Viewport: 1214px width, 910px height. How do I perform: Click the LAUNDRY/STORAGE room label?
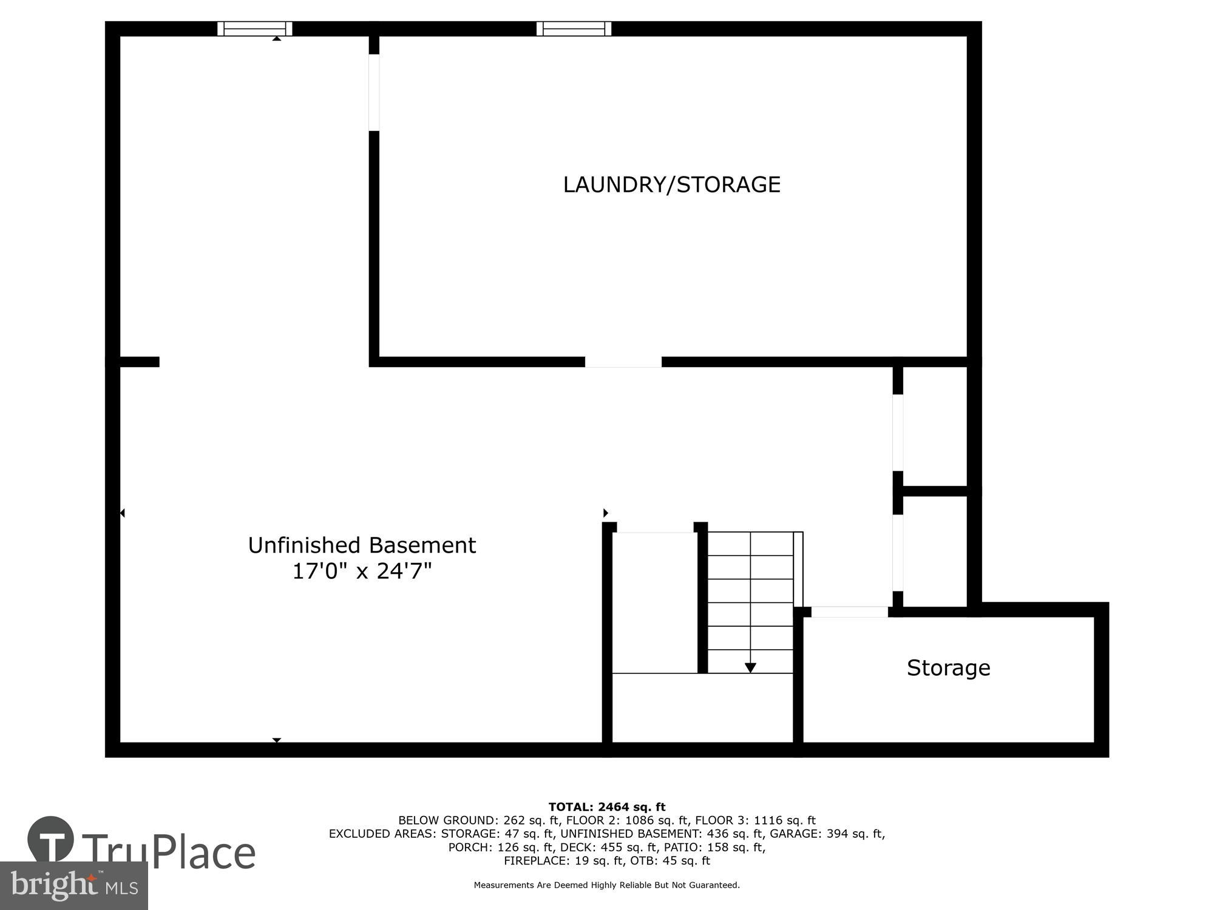pos(671,184)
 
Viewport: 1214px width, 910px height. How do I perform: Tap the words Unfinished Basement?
pos(362,545)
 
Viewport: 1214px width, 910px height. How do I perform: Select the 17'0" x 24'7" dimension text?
pos(362,571)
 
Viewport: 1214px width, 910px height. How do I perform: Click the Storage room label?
pos(948,667)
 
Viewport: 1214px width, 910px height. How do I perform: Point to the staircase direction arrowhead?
pos(750,667)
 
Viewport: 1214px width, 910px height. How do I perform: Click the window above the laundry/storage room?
pos(574,29)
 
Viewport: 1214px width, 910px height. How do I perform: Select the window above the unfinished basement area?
pos(255,29)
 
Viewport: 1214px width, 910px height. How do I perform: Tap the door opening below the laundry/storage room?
pos(623,362)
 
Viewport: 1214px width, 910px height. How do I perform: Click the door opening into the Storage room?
pos(849,612)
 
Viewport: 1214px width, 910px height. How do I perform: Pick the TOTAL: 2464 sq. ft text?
pos(607,807)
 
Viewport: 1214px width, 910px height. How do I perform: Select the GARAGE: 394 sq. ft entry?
pos(827,834)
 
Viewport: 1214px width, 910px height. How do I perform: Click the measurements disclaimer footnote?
pos(607,885)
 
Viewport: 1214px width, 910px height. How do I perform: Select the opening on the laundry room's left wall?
pos(374,92)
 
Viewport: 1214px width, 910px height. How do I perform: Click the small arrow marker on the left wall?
pos(122,513)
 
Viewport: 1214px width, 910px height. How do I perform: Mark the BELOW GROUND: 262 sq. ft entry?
pos(476,820)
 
